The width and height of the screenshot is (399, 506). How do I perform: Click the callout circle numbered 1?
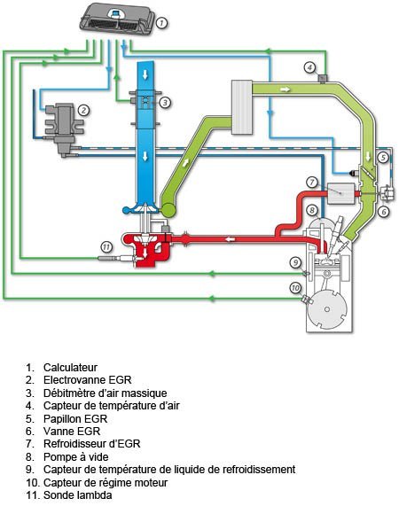pos(161,22)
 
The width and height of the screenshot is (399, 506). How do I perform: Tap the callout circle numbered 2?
pos(83,111)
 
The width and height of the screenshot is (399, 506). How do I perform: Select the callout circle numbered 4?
pos(309,67)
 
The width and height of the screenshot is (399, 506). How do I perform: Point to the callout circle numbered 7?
pos(312,183)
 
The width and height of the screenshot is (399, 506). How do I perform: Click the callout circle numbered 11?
pos(106,247)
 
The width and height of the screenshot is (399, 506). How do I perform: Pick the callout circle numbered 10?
pos(295,287)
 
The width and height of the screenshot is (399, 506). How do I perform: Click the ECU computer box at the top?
pos(118,19)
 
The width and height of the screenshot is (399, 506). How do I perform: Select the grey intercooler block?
pos(242,107)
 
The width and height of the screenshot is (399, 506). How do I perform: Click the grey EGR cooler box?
pos(340,193)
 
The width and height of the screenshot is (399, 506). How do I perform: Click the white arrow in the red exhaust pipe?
pos(230,239)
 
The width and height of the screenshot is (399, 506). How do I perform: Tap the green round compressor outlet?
pos(168,210)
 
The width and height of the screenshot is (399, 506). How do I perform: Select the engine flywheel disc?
pos(327,309)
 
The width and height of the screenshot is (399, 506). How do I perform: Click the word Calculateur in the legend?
pos(70,367)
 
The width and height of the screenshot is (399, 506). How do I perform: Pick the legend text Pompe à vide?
pos(76,456)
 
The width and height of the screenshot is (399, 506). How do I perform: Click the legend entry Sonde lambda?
pos(78,494)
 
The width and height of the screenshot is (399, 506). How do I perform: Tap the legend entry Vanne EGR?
pos(72,432)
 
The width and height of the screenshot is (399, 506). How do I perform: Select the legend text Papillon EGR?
pos(75,418)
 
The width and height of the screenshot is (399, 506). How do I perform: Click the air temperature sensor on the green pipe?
pos(322,79)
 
